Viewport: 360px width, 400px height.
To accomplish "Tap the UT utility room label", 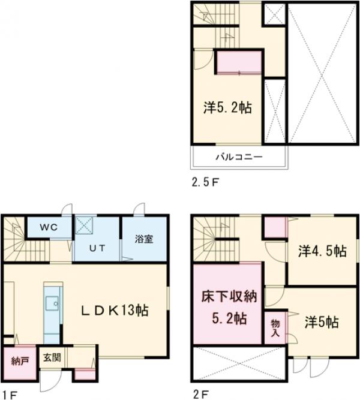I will (98, 247).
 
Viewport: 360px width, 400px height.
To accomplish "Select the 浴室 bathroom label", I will (143, 239).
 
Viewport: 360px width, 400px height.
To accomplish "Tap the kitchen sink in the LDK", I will (50, 303).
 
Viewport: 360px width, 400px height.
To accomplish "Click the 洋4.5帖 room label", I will (322, 251).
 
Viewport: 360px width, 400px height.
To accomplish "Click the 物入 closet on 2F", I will (276, 327).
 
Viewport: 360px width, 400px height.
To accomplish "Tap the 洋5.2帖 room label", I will (227, 108).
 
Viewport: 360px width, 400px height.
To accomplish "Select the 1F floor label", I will (9, 394).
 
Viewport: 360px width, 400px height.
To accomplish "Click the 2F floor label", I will (202, 394).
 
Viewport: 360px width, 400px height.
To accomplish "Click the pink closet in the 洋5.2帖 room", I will (239, 63).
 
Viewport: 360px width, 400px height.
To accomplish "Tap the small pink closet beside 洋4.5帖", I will (275, 227).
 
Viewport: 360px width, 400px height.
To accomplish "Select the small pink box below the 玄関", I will (84, 375).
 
